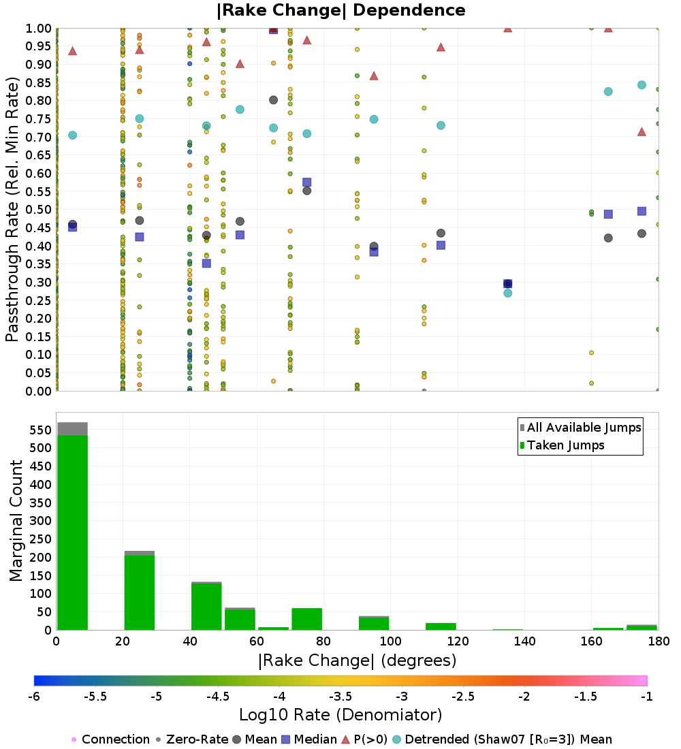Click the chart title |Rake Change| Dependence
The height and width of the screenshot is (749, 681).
tap(340, 10)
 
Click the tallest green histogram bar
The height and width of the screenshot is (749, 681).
tap(72, 531)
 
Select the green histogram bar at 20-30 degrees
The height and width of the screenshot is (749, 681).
tap(139, 592)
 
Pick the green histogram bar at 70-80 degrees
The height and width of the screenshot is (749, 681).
tap(306, 619)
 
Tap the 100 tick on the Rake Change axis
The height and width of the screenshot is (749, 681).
tap(390, 641)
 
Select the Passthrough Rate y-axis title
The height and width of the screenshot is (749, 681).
tap(12, 209)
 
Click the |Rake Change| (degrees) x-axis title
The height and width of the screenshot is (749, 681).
tap(357, 660)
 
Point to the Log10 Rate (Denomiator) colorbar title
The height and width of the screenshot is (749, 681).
tap(340, 715)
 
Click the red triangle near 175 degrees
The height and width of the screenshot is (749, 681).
tap(642, 131)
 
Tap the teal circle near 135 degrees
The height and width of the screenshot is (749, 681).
tap(507, 293)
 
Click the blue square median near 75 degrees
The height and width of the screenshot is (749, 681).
tap(306, 182)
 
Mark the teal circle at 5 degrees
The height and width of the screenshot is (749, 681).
tap(72, 135)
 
